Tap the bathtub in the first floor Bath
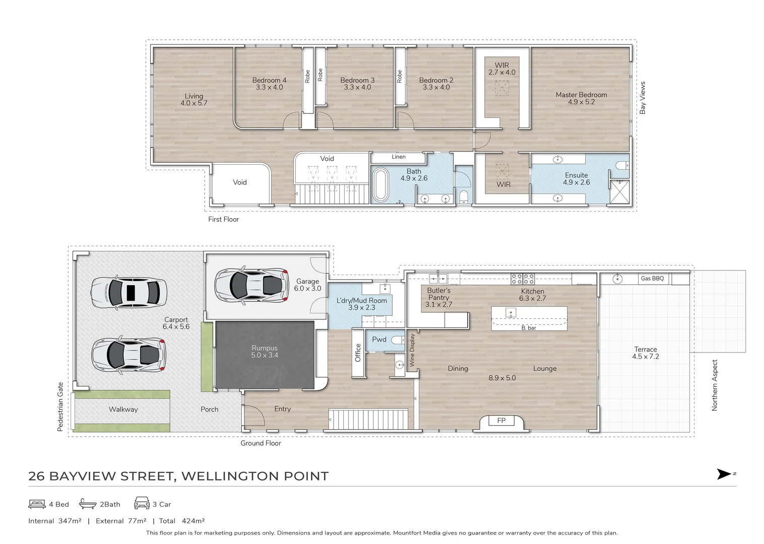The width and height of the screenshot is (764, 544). coord(380,186)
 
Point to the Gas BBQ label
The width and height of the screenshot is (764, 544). coord(652,279)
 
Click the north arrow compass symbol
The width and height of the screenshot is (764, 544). coord(724,474)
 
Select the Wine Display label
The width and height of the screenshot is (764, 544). coord(412,350)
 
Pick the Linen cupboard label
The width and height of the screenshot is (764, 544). coord(399,157)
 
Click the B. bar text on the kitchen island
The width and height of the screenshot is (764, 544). coord(529,328)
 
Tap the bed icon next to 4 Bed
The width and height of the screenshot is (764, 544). coord(37,504)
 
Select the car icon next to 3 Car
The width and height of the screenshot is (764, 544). coord(142,503)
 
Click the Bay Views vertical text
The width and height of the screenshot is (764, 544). coord(643,98)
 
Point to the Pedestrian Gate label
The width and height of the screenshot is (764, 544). coord(60,406)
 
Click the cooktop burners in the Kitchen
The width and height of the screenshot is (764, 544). coord(523,279)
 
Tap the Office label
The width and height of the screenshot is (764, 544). coord(358,353)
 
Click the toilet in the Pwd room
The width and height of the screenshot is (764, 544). coord(398,339)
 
